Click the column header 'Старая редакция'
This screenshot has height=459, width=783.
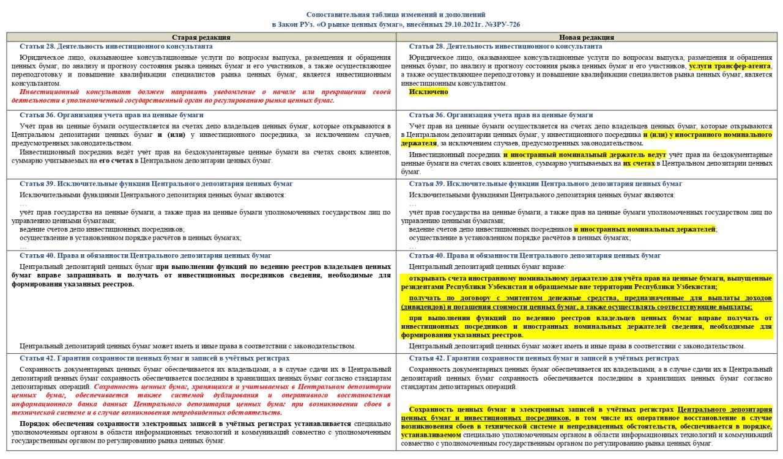click(x=201, y=37)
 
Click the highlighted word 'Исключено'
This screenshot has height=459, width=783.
click(x=428, y=92)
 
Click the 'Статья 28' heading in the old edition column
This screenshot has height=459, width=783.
click(x=116, y=46)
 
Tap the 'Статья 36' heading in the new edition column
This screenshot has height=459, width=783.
click(x=502, y=115)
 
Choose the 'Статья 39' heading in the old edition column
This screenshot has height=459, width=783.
click(x=156, y=184)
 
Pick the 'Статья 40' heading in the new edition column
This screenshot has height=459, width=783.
click(x=535, y=255)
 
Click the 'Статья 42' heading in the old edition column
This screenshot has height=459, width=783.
click(x=154, y=358)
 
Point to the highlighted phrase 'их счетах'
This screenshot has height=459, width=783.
click(x=639, y=164)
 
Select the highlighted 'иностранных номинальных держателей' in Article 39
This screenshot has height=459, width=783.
click(x=645, y=229)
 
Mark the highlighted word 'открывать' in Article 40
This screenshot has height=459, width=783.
click(x=426, y=278)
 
